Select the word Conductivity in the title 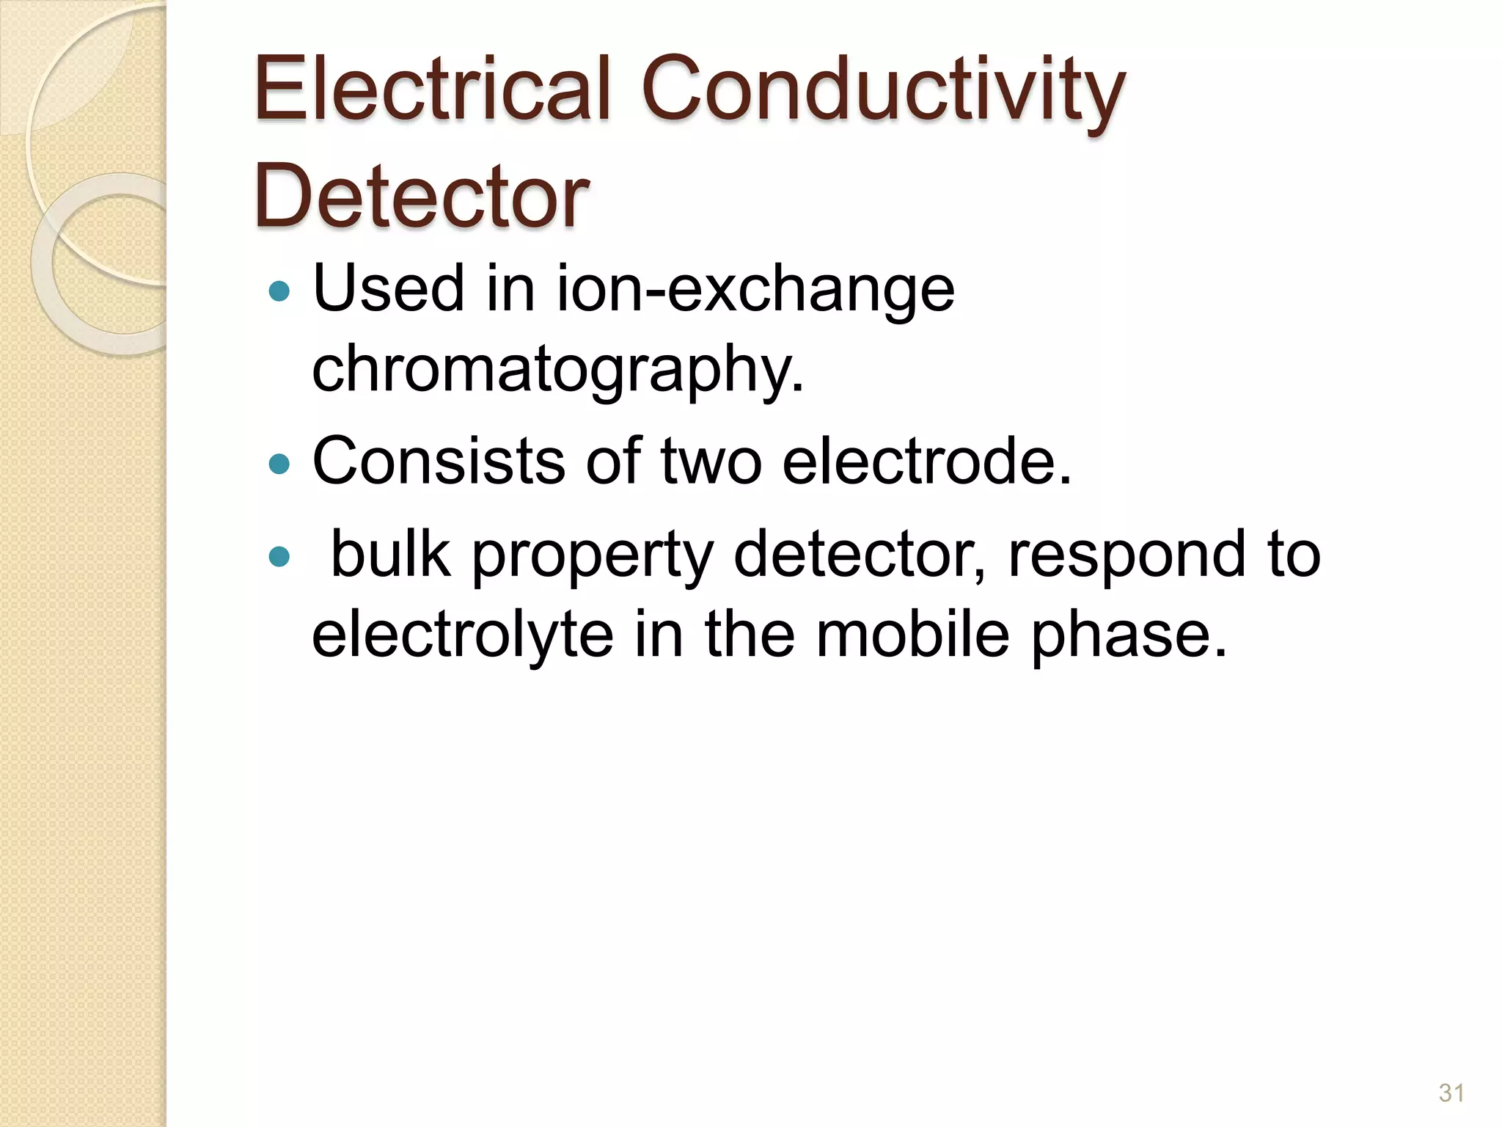[x=883, y=92]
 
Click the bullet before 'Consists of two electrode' [x=279, y=464]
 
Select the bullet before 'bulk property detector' [x=279, y=557]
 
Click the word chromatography [x=557, y=371]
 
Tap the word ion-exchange [x=755, y=290]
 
